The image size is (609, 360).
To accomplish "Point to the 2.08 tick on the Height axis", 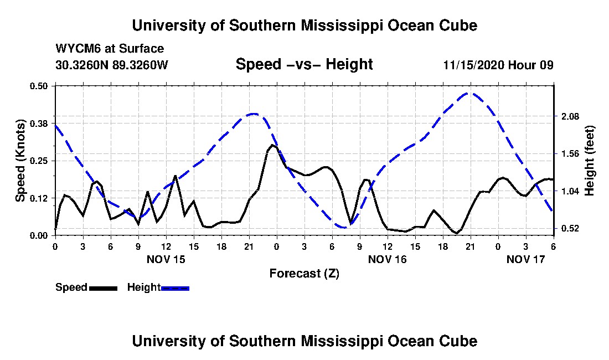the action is coord(570,116).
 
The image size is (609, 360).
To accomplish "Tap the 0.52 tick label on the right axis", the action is coord(570,228).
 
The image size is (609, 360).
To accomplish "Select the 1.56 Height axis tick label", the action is coord(570,154).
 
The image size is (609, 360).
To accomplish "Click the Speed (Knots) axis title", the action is coord(20,161).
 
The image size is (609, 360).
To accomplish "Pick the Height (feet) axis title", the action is coord(589,161).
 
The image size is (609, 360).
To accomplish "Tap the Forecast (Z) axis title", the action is coord(304,274).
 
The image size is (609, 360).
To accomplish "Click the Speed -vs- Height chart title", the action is coord(304,64).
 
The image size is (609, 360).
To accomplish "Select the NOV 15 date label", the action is coord(166,259).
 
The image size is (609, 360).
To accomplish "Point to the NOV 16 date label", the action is coord(387,259).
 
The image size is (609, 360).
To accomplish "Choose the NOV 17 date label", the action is coord(526,259).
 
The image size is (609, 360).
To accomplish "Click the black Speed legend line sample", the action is coord(103,288).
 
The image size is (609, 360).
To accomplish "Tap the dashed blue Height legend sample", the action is coord(175,288).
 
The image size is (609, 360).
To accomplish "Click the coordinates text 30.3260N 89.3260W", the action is coord(111,65).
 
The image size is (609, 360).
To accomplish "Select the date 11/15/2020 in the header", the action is coord(474,65).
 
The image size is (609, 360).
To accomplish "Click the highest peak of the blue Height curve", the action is coord(471,93).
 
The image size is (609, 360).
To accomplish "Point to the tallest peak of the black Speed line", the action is coord(272,145).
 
